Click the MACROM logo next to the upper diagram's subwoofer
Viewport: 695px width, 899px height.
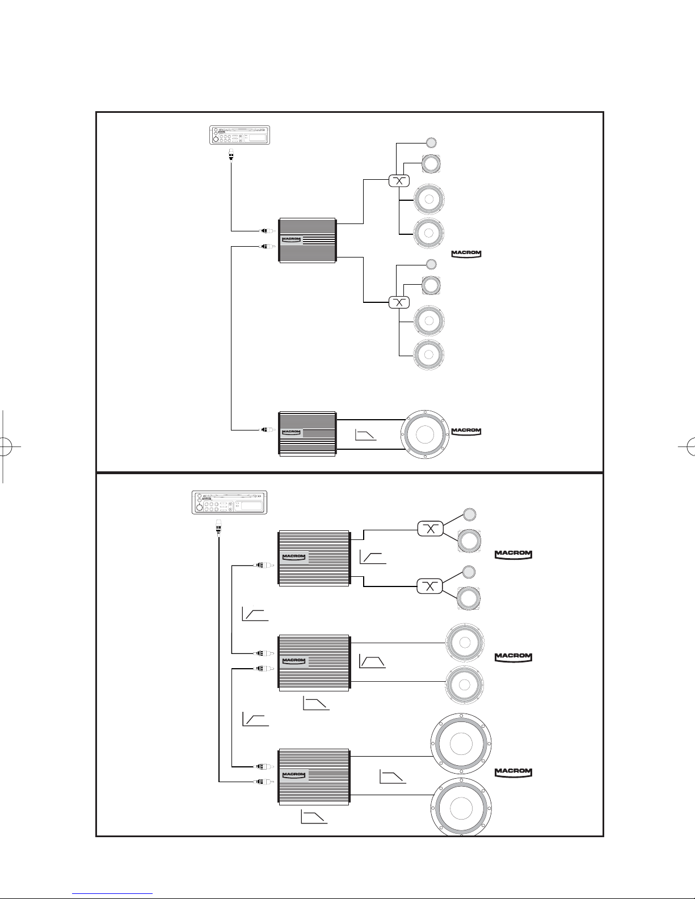(x=466, y=432)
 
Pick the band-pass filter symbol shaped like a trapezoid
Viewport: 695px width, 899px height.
(x=372, y=661)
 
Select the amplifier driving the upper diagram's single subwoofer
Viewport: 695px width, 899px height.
(x=308, y=433)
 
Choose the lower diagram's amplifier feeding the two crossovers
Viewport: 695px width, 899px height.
(x=313, y=558)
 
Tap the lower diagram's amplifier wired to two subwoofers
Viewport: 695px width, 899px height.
(x=313, y=776)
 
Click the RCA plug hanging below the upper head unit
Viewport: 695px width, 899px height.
(x=231, y=154)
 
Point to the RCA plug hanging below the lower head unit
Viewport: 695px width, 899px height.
(x=217, y=529)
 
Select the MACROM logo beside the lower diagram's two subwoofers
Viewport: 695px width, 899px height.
(x=513, y=772)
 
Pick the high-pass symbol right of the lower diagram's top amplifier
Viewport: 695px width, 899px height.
(x=373, y=558)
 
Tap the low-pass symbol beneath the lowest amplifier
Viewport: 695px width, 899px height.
(x=314, y=817)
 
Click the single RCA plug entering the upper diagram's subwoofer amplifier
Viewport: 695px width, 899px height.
(x=264, y=429)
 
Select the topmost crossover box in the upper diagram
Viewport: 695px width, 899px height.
(x=398, y=181)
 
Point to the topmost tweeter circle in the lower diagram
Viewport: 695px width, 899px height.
(x=469, y=514)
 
